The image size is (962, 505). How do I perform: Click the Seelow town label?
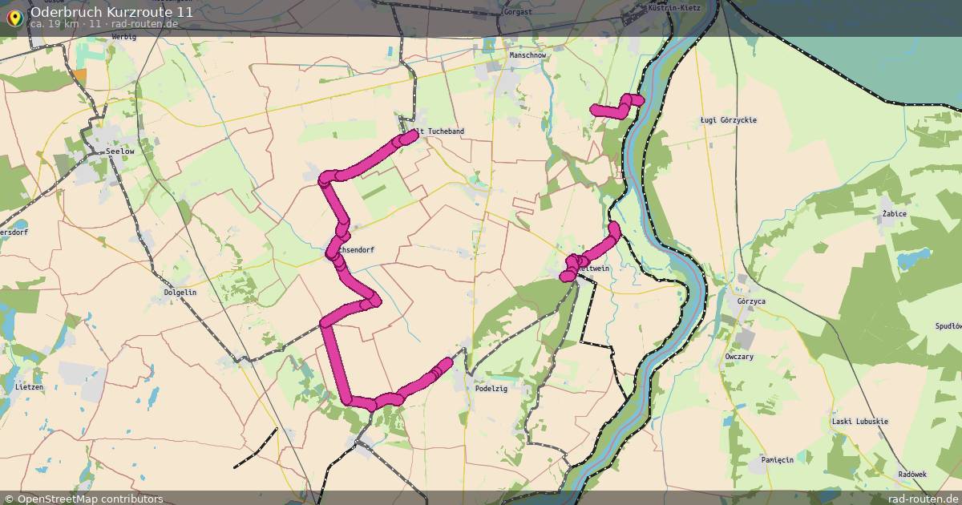119,151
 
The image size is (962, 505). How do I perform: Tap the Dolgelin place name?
180,293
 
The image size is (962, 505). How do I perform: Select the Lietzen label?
29,386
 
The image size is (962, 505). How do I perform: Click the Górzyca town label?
750,301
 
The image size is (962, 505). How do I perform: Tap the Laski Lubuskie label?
859,422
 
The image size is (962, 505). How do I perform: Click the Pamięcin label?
777,459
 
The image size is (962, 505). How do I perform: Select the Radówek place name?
911,474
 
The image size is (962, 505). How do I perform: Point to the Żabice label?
894,214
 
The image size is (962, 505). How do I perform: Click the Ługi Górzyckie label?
728,120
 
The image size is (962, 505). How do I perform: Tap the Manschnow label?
527,55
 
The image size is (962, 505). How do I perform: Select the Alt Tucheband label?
439,131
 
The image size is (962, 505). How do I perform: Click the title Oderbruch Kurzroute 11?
111,12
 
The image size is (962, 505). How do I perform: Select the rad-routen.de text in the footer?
923,499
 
